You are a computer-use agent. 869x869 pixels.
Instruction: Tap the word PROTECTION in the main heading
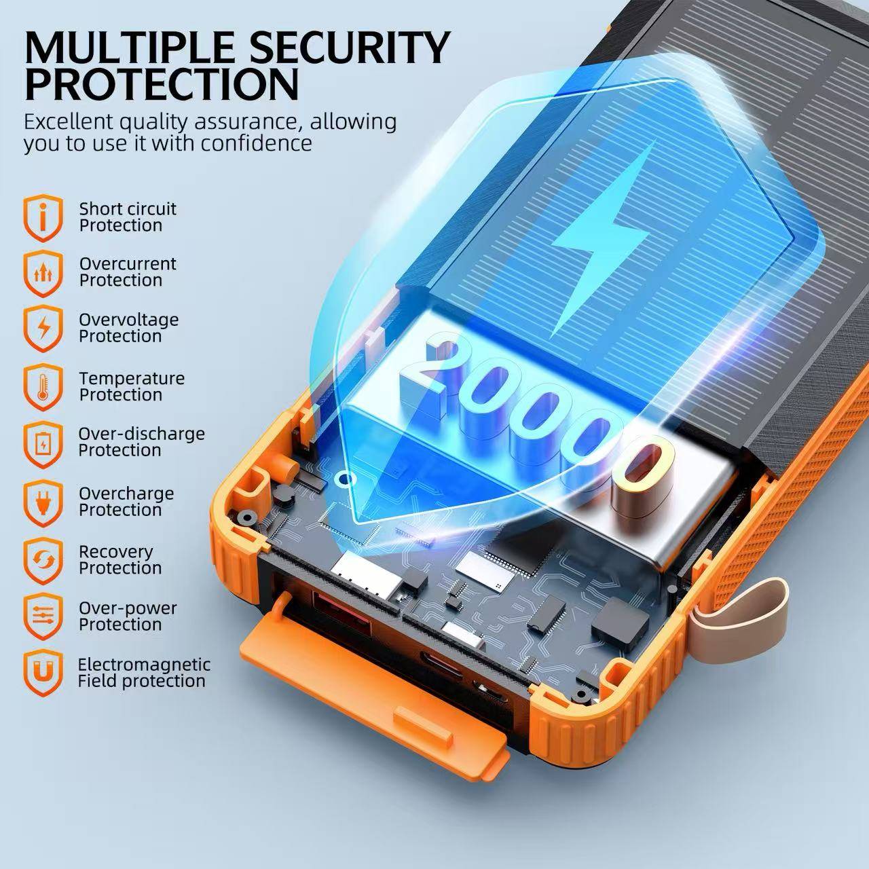162,84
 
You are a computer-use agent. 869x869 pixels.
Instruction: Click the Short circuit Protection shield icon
43,218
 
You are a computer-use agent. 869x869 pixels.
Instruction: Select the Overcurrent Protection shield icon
43,274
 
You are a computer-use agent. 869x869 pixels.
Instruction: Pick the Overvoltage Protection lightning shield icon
43,329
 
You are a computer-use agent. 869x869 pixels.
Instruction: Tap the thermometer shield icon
43,387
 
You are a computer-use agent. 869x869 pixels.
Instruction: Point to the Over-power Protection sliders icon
43,616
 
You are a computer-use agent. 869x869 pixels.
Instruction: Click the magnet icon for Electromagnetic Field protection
43,673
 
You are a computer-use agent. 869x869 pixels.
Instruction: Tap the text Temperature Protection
132,386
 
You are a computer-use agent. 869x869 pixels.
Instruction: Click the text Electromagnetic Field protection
144,673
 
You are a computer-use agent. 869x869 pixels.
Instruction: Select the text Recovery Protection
120,559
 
